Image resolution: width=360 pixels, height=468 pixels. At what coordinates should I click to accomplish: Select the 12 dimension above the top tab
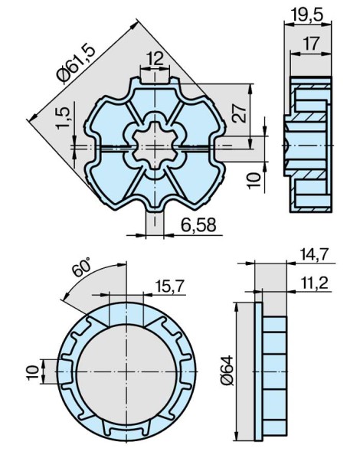(x=155, y=57)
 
